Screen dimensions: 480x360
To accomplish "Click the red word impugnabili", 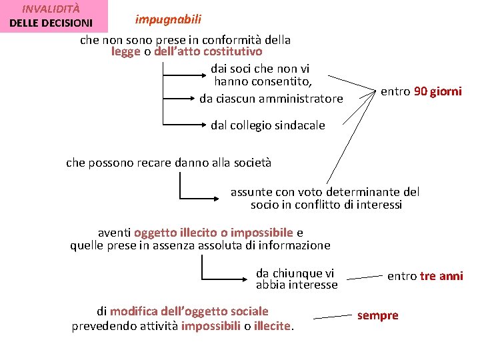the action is click(168, 19).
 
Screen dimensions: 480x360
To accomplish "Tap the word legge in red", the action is click(126, 51).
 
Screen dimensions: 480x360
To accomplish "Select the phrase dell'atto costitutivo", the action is click(208, 51).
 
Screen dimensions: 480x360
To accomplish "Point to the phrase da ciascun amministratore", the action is click(271, 99).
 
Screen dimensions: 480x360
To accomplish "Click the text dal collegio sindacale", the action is click(267, 125).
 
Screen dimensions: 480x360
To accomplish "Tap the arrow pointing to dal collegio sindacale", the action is click(183, 124).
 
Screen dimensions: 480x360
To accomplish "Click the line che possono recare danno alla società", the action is click(168, 162).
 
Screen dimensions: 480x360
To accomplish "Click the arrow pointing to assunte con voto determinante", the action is click(200, 198).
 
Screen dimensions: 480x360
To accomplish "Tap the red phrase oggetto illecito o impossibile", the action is click(213, 233).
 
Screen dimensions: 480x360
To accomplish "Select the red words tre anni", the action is click(441, 276).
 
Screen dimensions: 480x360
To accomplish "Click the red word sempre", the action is click(377, 315).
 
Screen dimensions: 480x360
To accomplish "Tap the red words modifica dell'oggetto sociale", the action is click(189, 311).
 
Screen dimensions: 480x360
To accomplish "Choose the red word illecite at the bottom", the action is click(273, 326).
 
